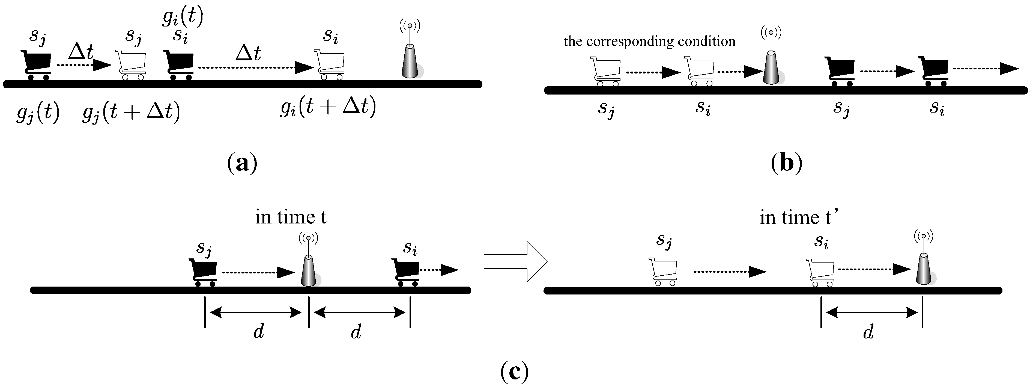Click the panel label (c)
[514, 372]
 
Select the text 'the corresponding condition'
[649, 41]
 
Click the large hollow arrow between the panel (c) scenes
[515, 261]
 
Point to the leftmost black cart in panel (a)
[36, 65]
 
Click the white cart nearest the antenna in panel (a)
[330, 64]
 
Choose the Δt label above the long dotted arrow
[248, 52]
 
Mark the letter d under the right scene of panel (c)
[868, 332]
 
